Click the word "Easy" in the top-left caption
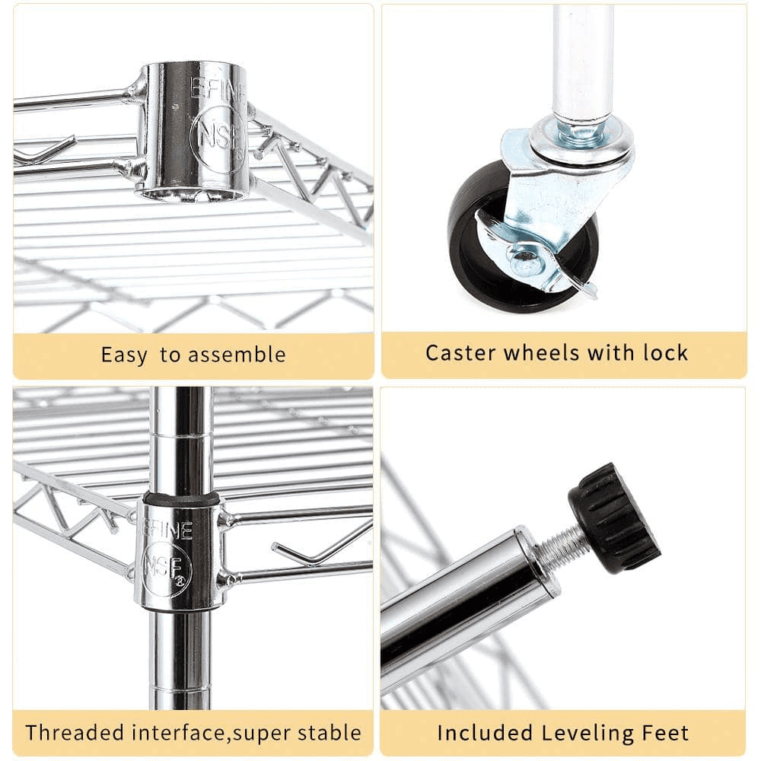tap(124, 355)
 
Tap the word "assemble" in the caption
tap(237, 355)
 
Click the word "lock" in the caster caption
tap(665, 352)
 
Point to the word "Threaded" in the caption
tap(74, 732)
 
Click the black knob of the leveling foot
tap(614, 517)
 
